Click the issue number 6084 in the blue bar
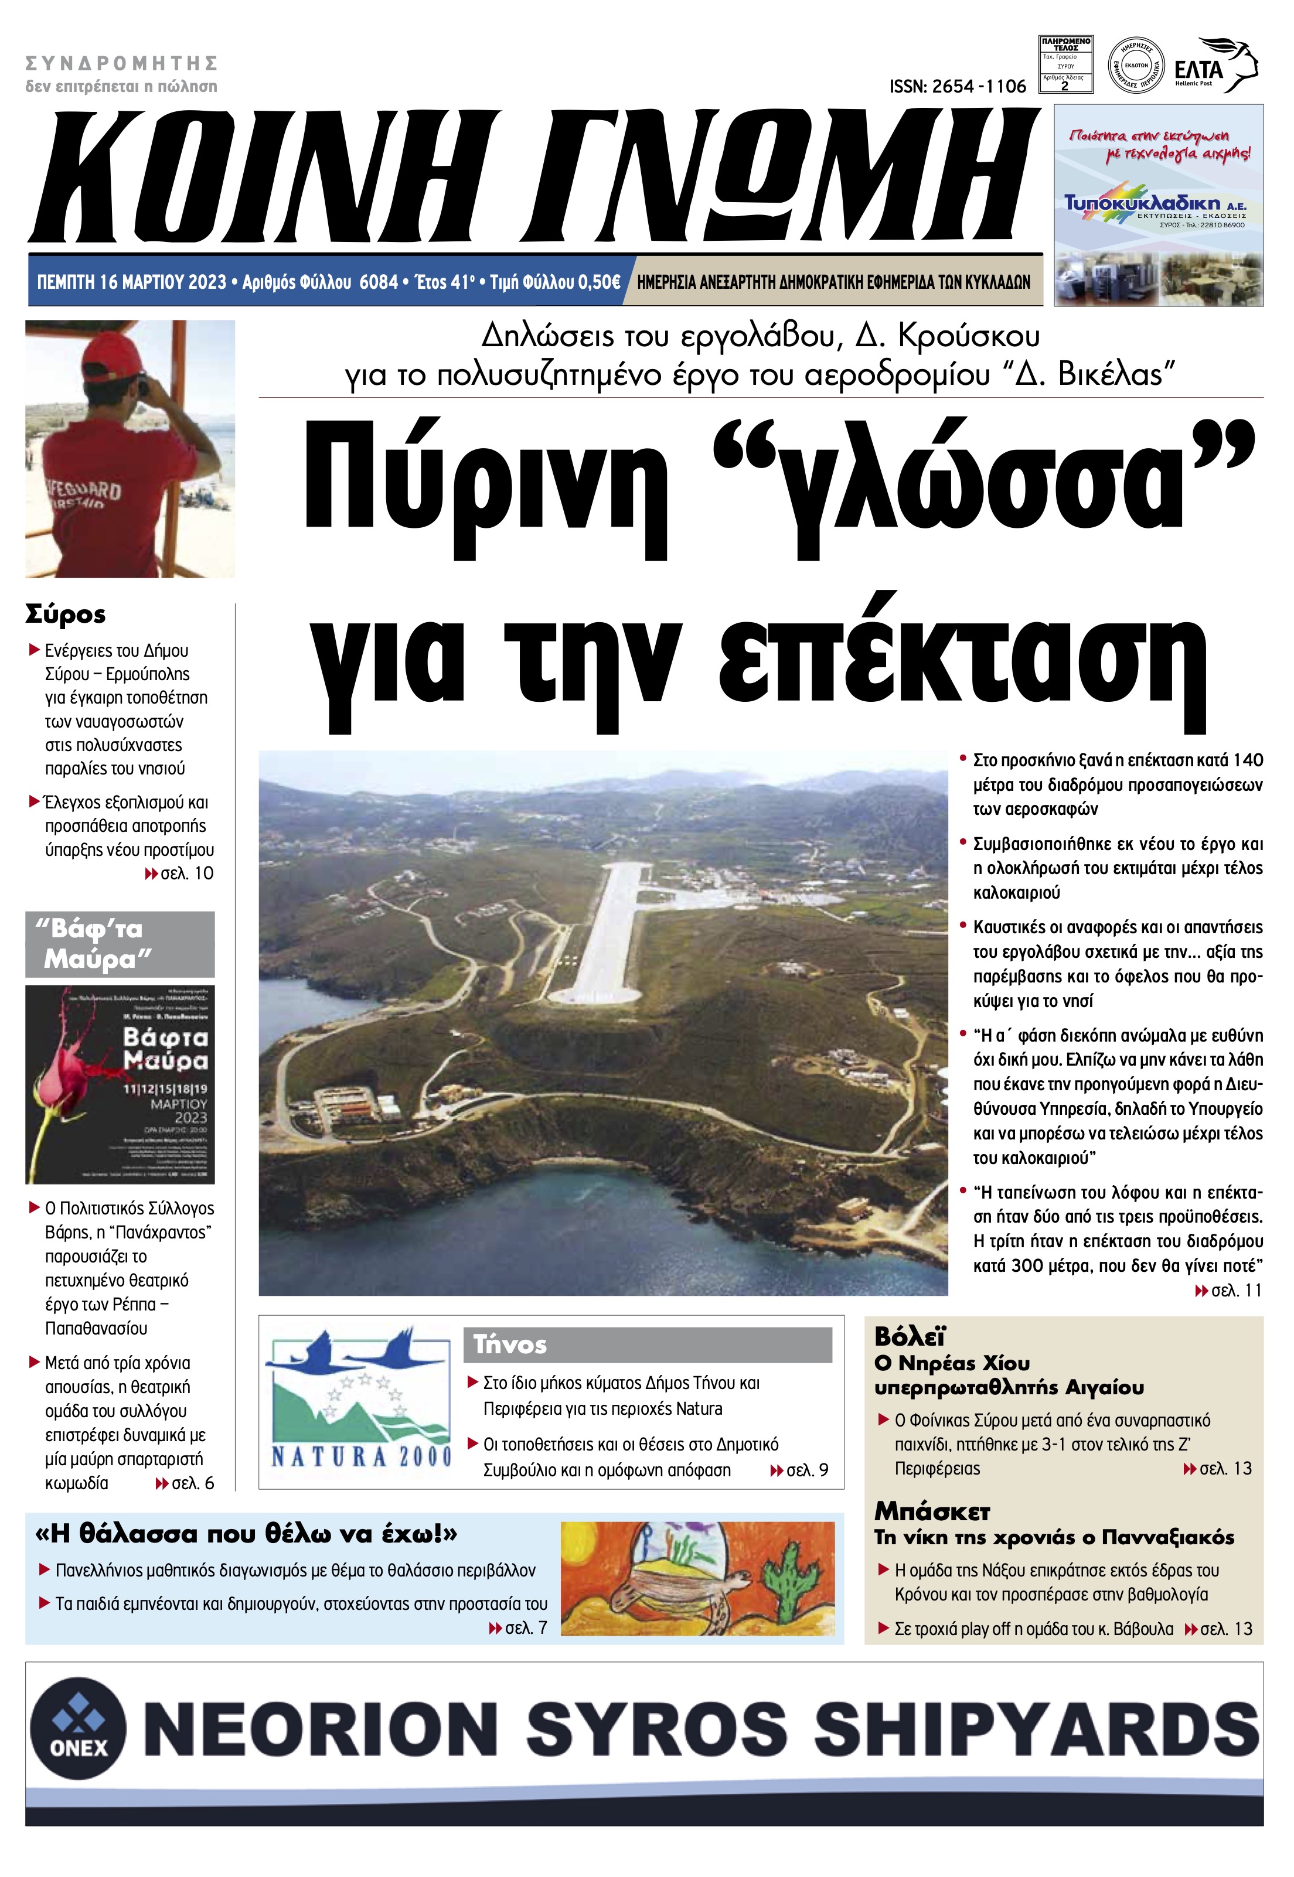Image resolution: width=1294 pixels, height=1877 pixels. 379,282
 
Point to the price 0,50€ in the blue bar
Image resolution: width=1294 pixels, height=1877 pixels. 598,282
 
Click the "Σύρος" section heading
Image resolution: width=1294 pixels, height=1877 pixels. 66,615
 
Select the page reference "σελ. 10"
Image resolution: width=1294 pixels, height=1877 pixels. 186,873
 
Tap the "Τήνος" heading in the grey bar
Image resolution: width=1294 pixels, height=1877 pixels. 510,1344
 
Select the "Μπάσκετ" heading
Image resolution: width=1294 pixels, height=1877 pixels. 932,1511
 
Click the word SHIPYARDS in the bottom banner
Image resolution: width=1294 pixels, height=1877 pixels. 1036,1729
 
